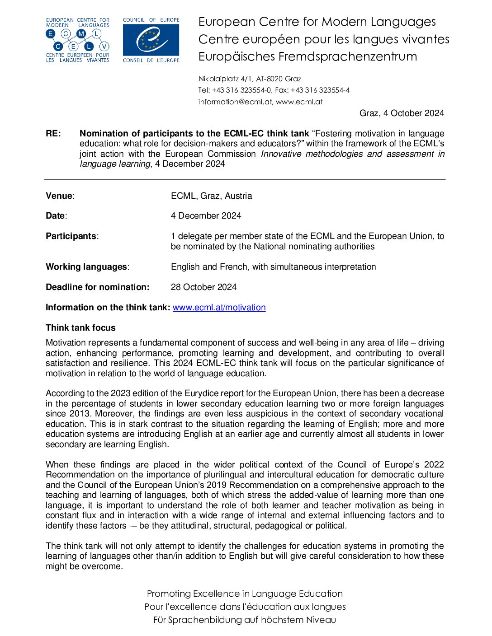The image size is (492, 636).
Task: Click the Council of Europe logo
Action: point(151,40)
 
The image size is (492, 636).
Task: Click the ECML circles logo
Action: point(78,40)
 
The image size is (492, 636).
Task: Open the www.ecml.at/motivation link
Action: point(219,308)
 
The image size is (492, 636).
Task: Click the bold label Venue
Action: point(59,196)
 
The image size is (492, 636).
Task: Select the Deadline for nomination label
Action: point(97,287)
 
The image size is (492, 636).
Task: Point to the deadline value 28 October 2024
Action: point(203,287)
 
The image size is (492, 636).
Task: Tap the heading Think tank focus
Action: point(80,328)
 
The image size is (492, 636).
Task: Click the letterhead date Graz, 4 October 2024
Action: point(402,113)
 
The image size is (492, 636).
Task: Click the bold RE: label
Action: point(53,134)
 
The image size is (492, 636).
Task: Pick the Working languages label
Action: point(87,267)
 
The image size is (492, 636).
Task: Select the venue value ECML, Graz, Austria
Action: point(211,196)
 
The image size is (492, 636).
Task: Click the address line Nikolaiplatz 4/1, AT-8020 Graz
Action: point(250,79)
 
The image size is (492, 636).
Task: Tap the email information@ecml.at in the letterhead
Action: point(235,102)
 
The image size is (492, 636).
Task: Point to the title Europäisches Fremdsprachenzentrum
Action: point(307,57)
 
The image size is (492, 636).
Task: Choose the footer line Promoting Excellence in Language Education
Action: point(245,594)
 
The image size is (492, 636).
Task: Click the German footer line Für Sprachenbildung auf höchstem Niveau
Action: point(245,620)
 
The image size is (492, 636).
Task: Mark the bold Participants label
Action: point(71,236)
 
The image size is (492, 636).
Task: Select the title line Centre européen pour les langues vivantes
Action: point(324,40)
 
